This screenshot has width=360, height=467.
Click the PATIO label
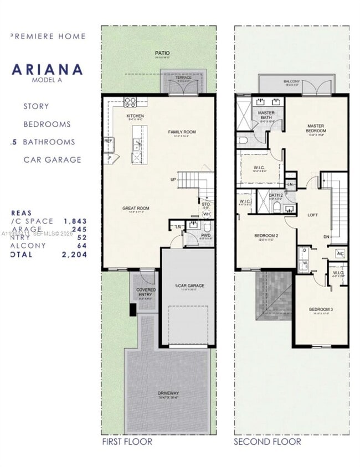coord(162,54)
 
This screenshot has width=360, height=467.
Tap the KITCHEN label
coord(136,116)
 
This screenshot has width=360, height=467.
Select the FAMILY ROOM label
coord(182,132)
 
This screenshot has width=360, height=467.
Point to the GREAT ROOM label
coord(136,208)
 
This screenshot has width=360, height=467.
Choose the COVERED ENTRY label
coord(146,292)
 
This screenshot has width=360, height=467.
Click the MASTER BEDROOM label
coord(316,128)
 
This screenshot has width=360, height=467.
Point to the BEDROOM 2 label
coord(266,236)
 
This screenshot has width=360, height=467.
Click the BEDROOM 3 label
coord(321,309)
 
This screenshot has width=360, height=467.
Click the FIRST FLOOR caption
coord(127,442)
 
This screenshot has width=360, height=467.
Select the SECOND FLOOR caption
coord(268,442)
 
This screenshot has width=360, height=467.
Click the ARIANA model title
coord(48,70)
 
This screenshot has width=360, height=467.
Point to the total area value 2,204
coord(75,255)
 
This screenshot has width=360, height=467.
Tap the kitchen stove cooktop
coord(130,102)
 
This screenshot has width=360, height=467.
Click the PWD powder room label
coord(205,235)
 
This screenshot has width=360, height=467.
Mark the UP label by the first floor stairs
coord(173,180)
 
